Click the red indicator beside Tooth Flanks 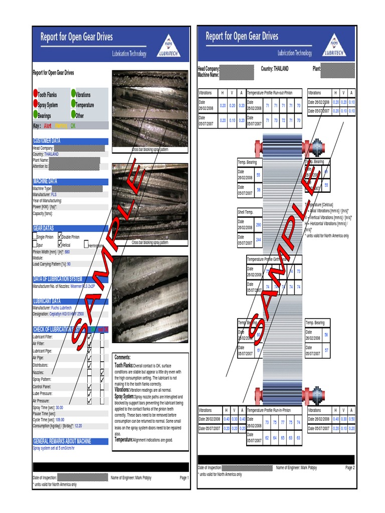[36, 94]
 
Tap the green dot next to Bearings [36, 115]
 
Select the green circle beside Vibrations [73, 94]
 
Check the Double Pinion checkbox [61, 236]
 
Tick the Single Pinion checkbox [35, 236]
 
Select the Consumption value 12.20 [78, 426]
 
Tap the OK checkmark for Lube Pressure [90, 394]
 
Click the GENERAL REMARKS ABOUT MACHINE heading [62, 441]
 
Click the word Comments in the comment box [123, 357]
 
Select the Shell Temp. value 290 [259, 225]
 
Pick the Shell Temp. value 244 [259, 240]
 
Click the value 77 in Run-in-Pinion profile [283, 422]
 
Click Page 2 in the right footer [349, 467]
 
